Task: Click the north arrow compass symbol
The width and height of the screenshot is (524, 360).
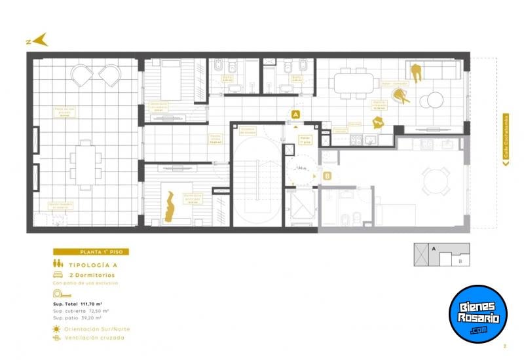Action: click(40, 40)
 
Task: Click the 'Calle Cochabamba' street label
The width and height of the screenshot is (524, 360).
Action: click(506, 140)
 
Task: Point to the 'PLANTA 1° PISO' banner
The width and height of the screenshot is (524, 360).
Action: click(91, 252)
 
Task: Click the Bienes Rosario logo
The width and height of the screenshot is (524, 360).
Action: click(477, 314)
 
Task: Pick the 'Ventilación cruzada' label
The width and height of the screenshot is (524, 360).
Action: click(94, 338)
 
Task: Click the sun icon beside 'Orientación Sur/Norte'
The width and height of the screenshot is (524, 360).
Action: click(57, 329)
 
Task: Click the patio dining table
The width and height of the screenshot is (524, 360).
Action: click(86, 159)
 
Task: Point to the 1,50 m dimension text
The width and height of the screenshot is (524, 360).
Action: click(301, 168)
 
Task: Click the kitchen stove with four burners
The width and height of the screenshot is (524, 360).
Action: click(357, 139)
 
